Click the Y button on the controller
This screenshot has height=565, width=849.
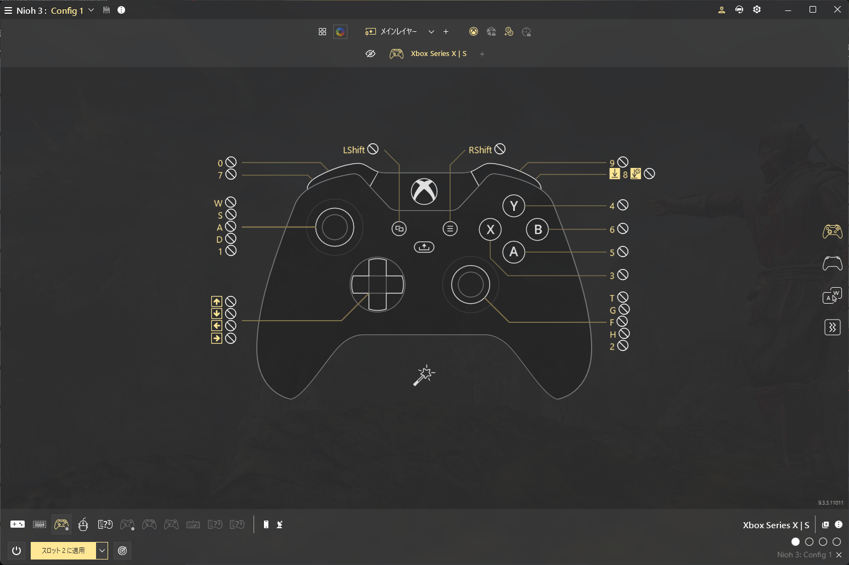pyautogui.click(x=514, y=206)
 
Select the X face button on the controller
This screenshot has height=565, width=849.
pyautogui.click(x=490, y=230)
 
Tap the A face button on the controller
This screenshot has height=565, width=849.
pyautogui.click(x=514, y=252)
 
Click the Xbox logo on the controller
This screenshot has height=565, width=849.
pyautogui.click(x=424, y=192)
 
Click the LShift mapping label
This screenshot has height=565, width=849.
pyautogui.click(x=353, y=150)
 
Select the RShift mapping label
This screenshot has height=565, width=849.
pyautogui.click(x=480, y=150)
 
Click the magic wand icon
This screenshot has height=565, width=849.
pyautogui.click(x=424, y=376)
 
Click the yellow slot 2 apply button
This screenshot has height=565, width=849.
pyautogui.click(x=63, y=551)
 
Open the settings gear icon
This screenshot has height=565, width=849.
pyautogui.click(x=757, y=10)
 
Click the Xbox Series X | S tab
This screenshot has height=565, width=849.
pyautogui.click(x=438, y=54)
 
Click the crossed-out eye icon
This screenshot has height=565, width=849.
pyautogui.click(x=370, y=54)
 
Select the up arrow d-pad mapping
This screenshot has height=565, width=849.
pyautogui.click(x=216, y=301)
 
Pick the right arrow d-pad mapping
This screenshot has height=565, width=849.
pyautogui.click(x=216, y=338)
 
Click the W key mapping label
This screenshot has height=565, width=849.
pyautogui.click(x=218, y=203)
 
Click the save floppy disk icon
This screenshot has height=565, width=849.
pyautogui.click(x=106, y=10)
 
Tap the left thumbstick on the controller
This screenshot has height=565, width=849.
pyautogui.click(x=335, y=227)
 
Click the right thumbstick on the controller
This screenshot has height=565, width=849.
pyautogui.click(x=470, y=284)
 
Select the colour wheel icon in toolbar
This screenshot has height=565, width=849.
pyautogui.click(x=340, y=32)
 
